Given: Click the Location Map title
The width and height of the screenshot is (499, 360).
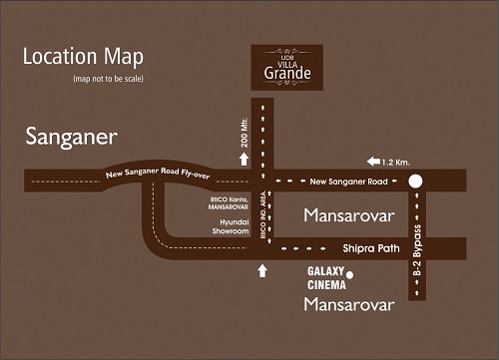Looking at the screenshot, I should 83,57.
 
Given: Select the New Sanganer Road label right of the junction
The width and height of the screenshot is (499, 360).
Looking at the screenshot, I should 348,180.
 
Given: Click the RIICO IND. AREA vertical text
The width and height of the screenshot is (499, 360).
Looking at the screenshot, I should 263,216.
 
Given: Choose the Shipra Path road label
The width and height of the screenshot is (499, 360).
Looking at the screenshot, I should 366,248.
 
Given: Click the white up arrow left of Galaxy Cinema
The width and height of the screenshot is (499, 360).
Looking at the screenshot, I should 263,269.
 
